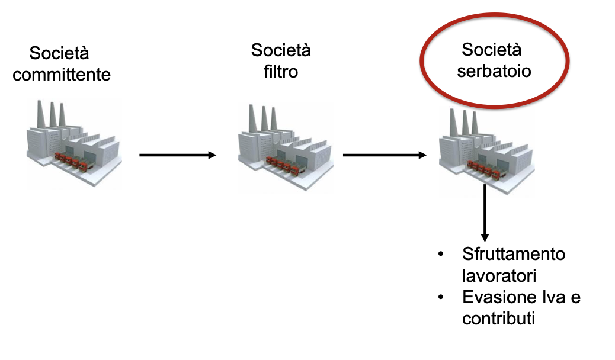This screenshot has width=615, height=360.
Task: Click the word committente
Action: click(62, 75)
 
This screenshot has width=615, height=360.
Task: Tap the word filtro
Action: click(281, 72)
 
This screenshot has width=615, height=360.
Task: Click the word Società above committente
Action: click(59, 53)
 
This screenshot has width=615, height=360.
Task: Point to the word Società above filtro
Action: click(281, 50)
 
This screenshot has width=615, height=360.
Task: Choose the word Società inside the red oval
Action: click(491, 50)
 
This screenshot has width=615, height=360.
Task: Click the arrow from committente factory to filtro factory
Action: click(178, 155)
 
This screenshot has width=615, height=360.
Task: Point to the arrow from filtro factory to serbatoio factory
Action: click(385, 155)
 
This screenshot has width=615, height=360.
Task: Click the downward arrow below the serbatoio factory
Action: click(485, 213)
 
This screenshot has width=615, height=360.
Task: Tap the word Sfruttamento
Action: click(514, 255)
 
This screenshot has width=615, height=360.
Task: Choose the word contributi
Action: click(498, 319)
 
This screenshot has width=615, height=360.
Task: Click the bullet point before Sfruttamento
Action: click(440, 255)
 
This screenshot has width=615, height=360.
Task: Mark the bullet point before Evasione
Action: click(440, 297)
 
